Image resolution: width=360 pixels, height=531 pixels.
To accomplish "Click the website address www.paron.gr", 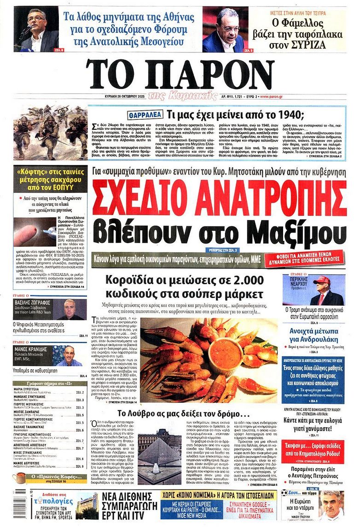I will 271,97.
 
